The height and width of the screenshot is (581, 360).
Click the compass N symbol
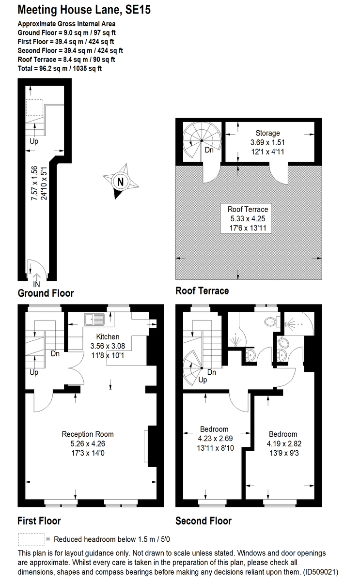click(x=120, y=182)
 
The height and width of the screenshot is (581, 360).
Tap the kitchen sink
click(x=94, y=319)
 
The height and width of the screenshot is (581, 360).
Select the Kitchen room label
click(x=108, y=337)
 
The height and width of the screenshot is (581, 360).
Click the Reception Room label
click(x=88, y=434)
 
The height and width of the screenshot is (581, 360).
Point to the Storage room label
click(x=268, y=133)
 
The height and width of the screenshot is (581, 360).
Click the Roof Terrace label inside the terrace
click(x=248, y=210)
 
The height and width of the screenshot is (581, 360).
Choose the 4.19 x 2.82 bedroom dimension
click(x=283, y=443)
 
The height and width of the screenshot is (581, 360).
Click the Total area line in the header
click(x=60, y=69)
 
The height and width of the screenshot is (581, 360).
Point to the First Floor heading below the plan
click(x=39, y=521)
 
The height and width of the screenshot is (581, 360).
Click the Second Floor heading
click(x=203, y=521)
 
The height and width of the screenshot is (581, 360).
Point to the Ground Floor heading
click(x=46, y=293)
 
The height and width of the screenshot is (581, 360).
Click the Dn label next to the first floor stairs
click(x=55, y=353)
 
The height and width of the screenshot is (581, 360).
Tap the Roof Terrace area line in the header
click(x=66, y=60)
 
